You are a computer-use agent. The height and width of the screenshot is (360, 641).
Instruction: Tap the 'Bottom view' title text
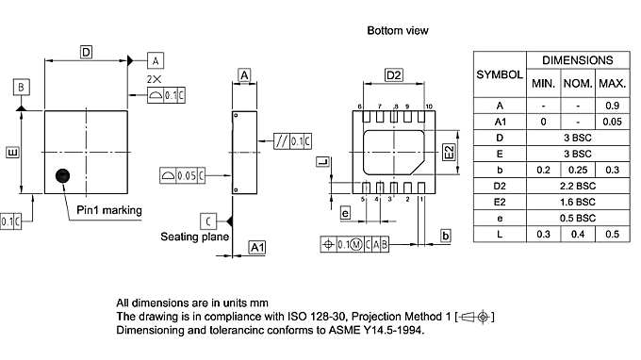tap(398, 31)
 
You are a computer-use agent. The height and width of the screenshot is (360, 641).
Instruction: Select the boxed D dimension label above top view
tap(86, 54)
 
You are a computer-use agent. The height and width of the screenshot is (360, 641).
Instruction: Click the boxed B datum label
tap(21, 88)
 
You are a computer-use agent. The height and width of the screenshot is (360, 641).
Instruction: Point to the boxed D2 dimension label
tap(394, 75)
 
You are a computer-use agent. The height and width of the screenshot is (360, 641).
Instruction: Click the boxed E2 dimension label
tap(449, 151)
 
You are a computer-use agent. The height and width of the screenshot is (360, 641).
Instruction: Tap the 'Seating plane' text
tap(194, 237)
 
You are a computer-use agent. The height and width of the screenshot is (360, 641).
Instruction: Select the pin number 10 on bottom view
tap(429, 106)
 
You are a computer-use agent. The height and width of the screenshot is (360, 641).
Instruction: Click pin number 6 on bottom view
tap(360, 106)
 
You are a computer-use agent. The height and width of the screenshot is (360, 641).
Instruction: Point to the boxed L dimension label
tap(322, 162)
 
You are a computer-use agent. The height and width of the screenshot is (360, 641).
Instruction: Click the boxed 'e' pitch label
tap(346, 214)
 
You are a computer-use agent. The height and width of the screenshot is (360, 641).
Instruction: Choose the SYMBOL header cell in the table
tap(500, 74)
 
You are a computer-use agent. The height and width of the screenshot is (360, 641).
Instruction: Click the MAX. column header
tap(613, 83)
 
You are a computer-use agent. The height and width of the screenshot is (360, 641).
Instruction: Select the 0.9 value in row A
tap(613, 105)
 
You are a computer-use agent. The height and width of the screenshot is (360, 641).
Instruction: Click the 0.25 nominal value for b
tap(577, 170)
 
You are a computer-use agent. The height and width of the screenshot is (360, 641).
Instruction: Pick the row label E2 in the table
tap(500, 202)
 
